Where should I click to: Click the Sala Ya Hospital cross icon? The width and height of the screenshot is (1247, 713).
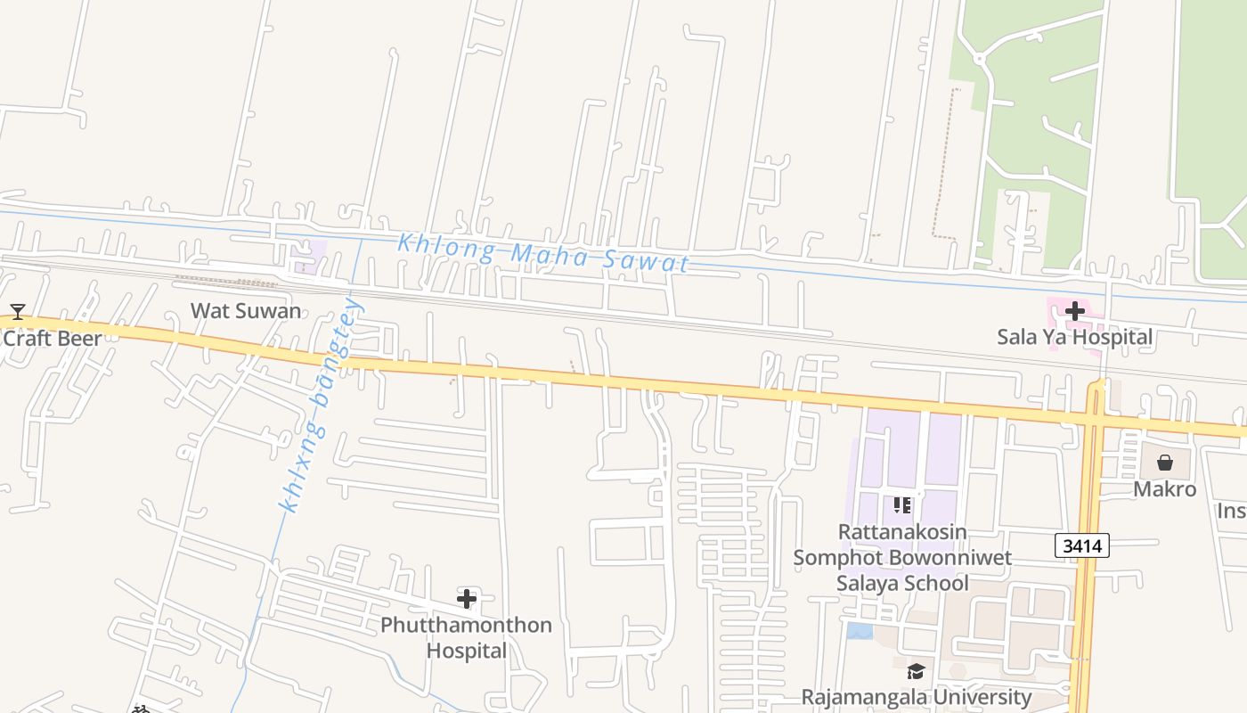tap(1075, 311)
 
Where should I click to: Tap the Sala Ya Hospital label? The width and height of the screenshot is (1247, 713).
tap(1074, 337)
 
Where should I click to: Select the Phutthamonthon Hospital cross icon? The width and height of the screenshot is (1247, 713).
tap(466, 598)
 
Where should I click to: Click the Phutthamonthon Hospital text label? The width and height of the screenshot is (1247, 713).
tap(466, 637)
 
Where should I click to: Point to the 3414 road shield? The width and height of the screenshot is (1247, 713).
tap(1082, 545)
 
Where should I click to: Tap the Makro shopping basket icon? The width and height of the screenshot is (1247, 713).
tap(1164, 463)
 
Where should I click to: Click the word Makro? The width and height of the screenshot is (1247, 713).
tap(1164, 489)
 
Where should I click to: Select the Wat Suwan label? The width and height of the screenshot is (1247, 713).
tap(246, 311)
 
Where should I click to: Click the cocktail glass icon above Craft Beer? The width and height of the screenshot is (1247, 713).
tap(17, 312)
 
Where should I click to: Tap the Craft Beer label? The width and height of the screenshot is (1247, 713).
tap(52, 338)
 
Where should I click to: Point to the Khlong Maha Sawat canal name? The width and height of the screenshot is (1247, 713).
tap(543, 252)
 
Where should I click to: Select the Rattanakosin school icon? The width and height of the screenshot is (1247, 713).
tap(901, 505)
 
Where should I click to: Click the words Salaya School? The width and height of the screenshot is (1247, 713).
tap(901, 583)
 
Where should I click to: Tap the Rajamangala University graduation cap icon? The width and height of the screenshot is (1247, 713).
tap(916, 671)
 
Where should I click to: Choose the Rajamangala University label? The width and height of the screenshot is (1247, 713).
tap(916, 696)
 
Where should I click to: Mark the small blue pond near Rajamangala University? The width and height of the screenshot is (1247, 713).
tap(860, 631)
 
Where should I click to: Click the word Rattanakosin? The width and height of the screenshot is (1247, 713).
tap(901, 531)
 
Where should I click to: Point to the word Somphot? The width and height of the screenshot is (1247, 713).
tap(838, 558)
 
